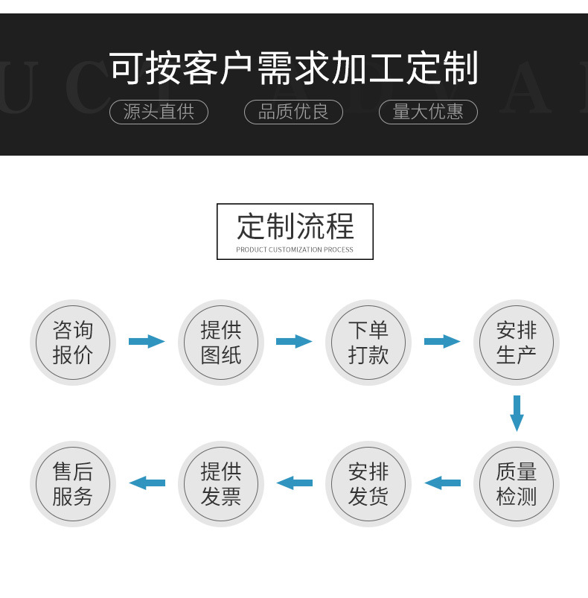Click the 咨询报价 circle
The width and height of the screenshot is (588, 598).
coord(73,343)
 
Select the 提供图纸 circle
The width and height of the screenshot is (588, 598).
coord(221,343)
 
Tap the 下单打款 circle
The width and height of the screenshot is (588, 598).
coord(368,343)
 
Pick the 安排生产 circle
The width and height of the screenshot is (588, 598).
coord(517,343)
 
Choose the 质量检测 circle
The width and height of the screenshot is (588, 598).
coord(517,484)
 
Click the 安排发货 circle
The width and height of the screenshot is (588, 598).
coord(368,484)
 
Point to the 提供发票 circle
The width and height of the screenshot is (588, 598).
coord(221,484)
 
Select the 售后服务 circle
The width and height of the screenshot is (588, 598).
coord(73,484)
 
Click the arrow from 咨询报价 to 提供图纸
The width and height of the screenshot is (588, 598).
coord(146,342)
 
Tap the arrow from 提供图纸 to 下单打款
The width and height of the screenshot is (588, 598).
coord(294,342)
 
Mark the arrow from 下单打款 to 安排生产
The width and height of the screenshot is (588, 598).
coord(442,342)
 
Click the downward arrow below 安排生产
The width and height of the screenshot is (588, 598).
coord(517,413)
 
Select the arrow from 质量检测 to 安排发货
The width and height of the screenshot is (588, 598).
coord(442,483)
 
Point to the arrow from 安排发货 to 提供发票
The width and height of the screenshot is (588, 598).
coord(294,483)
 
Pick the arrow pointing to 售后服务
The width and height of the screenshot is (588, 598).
coord(146,483)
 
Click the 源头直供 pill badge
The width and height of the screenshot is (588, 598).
coord(159,112)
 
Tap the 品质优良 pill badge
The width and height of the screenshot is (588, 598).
coord(293,112)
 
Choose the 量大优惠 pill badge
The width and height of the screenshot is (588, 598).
coord(428,112)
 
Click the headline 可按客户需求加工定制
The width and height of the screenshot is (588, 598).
coord(293,69)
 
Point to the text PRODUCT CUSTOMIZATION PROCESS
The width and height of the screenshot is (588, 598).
coord(295,249)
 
